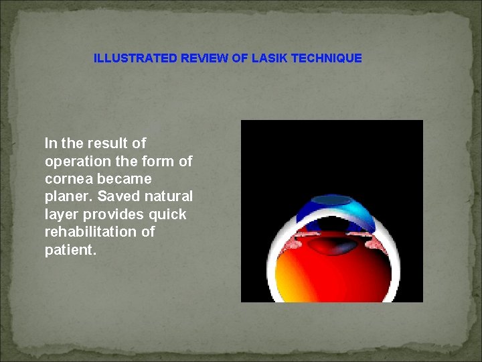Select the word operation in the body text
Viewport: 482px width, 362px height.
click(x=76, y=162)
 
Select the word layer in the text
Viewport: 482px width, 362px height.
click(x=61, y=215)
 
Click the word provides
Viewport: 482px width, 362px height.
click(x=113, y=215)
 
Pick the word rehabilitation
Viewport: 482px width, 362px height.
click(x=92, y=233)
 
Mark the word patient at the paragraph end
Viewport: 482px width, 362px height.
click(x=69, y=250)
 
